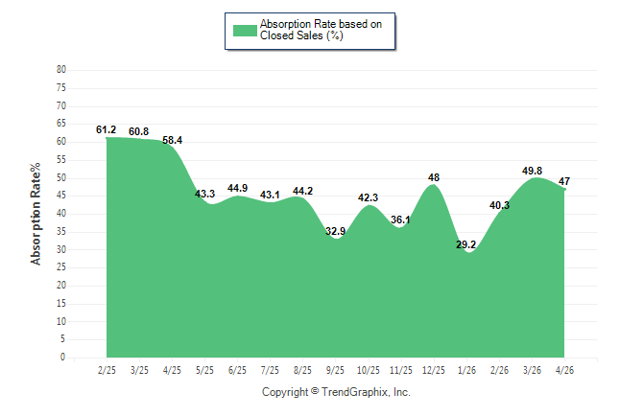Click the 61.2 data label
tap(106, 129)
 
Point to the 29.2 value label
tap(465, 244)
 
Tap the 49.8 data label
tap(532, 171)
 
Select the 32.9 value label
tap(335, 231)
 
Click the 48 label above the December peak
tap(434, 177)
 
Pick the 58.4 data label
tap(173, 140)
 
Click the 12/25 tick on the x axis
tap(434, 370)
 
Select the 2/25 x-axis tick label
tap(107, 370)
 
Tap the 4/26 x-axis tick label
tap(564, 370)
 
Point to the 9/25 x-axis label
tap(335, 370)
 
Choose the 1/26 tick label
tap(466, 370)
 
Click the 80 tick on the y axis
tap(61, 70)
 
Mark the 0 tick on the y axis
tap(63, 358)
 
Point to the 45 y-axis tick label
tap(61, 196)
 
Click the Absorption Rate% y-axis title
tap(36, 214)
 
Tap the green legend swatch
tap(245, 31)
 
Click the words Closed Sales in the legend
tap(292, 35)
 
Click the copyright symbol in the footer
tap(315, 391)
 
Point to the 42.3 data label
tap(368, 197)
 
